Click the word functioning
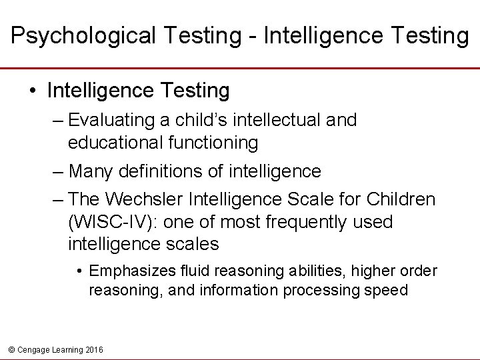[x=216, y=143]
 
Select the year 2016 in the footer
[x=94, y=349]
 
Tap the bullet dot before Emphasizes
[x=79, y=271]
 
